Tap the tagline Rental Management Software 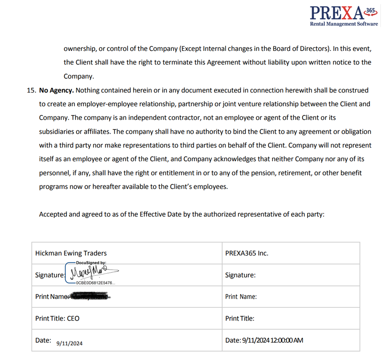click(344, 24)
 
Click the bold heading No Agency click(56, 90)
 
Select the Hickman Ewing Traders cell click(71, 253)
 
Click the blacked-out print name click(90, 297)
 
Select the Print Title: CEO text click(57, 318)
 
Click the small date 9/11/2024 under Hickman click(69, 343)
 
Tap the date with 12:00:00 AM click(264, 340)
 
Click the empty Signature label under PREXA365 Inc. click(240, 275)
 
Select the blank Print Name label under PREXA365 click(241, 297)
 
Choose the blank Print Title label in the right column click(240, 318)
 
